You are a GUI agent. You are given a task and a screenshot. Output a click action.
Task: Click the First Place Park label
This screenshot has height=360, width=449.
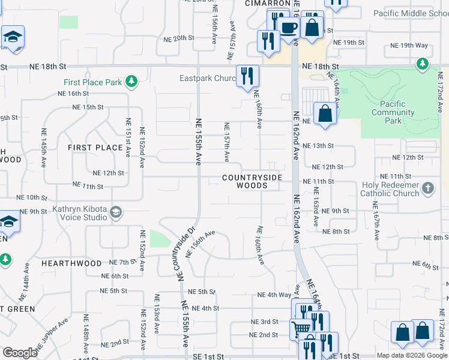point(94,82)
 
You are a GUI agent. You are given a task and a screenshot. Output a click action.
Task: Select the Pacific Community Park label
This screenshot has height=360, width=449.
point(393,112)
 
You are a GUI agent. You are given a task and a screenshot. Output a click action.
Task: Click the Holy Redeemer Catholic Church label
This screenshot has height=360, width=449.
point(390,189)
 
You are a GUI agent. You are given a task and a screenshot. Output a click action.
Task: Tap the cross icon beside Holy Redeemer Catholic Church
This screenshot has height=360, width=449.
point(428,189)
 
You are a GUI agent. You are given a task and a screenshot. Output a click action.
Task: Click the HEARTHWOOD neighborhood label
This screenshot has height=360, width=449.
point(71,263)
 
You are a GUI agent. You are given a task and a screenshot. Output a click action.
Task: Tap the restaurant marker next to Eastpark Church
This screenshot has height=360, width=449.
point(247,76)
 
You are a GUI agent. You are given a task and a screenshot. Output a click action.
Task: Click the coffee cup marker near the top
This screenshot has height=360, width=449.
point(289,28)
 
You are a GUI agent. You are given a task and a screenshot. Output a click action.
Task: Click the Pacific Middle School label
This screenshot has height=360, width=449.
point(411,13)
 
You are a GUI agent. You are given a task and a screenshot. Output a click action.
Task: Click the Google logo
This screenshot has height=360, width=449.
point(20,353)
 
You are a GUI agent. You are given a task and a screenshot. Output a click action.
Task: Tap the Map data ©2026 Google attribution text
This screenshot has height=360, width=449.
point(411,355)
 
